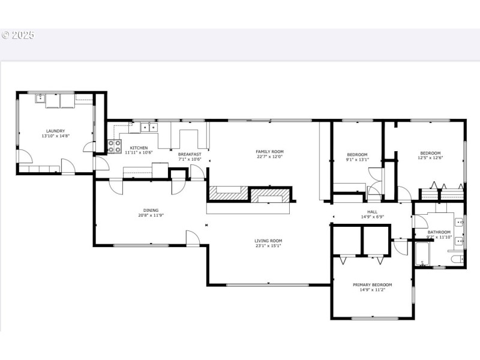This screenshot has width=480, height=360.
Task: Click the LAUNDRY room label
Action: point(55,131)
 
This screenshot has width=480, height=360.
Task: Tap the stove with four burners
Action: point(113,146)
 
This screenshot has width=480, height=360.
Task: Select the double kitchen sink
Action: point(148,127)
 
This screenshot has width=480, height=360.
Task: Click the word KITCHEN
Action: point(139,148)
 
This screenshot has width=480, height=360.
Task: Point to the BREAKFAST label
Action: point(190,154)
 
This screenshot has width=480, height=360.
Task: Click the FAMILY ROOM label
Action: point(269,152)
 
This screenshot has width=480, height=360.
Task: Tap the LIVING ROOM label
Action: point(268,241)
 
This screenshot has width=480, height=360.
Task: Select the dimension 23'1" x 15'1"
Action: point(268,245)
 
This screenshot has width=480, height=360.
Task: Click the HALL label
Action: point(373,212)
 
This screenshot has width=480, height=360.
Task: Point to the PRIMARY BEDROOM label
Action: point(372,284)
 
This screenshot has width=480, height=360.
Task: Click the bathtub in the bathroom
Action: point(421,254)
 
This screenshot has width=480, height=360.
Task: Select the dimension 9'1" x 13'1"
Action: point(357,159)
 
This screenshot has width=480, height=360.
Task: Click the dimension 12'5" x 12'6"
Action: point(430,158)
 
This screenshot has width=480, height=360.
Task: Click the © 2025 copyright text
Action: point(18,35)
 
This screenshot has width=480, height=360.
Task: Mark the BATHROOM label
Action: point(439,232)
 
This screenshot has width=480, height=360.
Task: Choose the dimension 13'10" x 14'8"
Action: point(55,136)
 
